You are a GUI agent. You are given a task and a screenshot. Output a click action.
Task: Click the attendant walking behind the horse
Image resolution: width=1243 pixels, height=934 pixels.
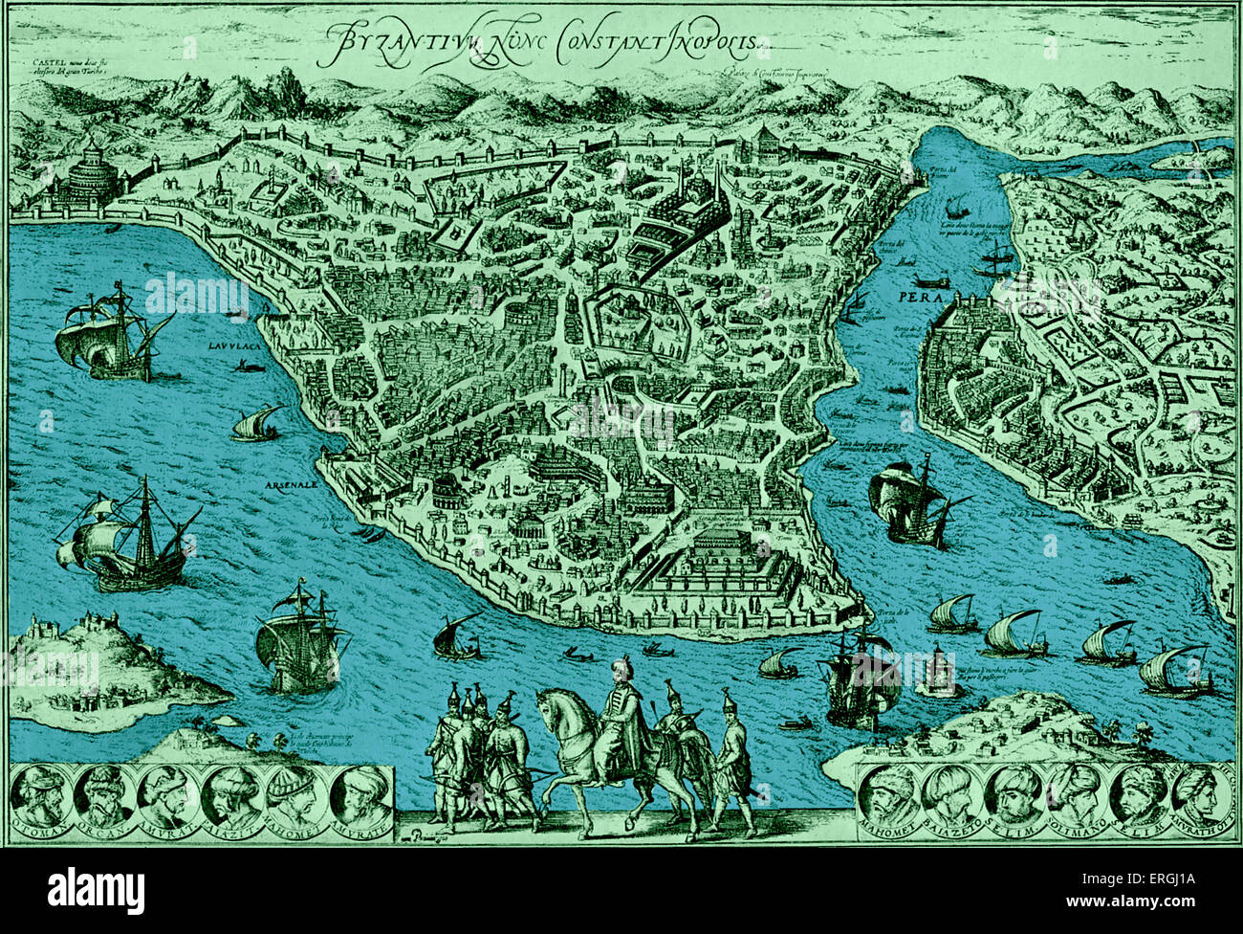pyautogui.click(x=732, y=756)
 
